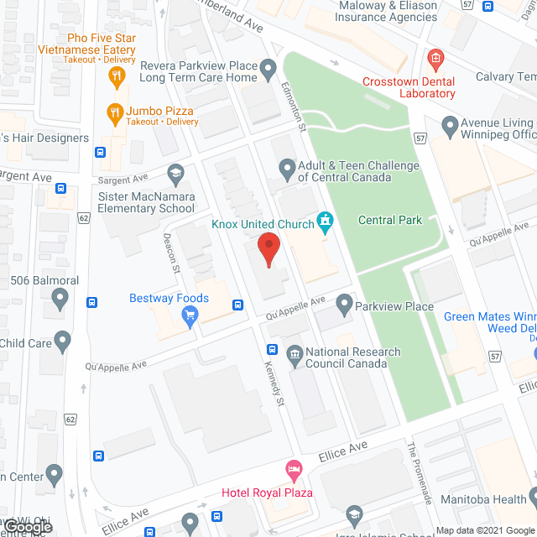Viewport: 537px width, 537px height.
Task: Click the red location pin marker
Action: coord(267,250)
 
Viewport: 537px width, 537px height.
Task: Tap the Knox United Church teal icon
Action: coord(325,222)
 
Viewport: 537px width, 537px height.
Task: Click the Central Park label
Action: coord(389,220)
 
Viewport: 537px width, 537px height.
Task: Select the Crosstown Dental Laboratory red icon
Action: coord(435,58)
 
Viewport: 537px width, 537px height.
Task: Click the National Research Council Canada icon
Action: coord(294,352)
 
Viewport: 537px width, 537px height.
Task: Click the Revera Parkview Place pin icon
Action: coord(268,67)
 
